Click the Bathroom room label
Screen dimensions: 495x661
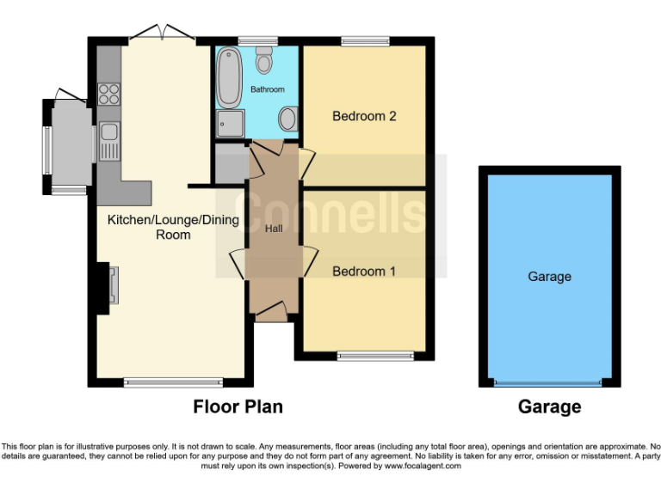(x=267, y=89)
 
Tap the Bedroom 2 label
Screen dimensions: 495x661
(x=364, y=116)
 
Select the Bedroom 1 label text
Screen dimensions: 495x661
(x=364, y=271)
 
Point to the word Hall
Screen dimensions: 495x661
(x=274, y=228)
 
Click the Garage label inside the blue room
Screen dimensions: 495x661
(x=549, y=277)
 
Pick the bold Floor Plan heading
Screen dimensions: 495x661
(x=238, y=406)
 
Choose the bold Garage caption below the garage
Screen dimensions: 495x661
(x=549, y=406)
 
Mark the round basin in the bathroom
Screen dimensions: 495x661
(x=289, y=119)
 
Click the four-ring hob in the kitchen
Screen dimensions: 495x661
(x=108, y=93)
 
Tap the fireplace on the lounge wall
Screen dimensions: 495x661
(x=110, y=286)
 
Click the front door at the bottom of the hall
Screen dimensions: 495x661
(x=272, y=311)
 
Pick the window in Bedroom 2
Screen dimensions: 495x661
(x=365, y=40)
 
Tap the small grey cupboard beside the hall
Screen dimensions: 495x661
(x=230, y=163)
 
